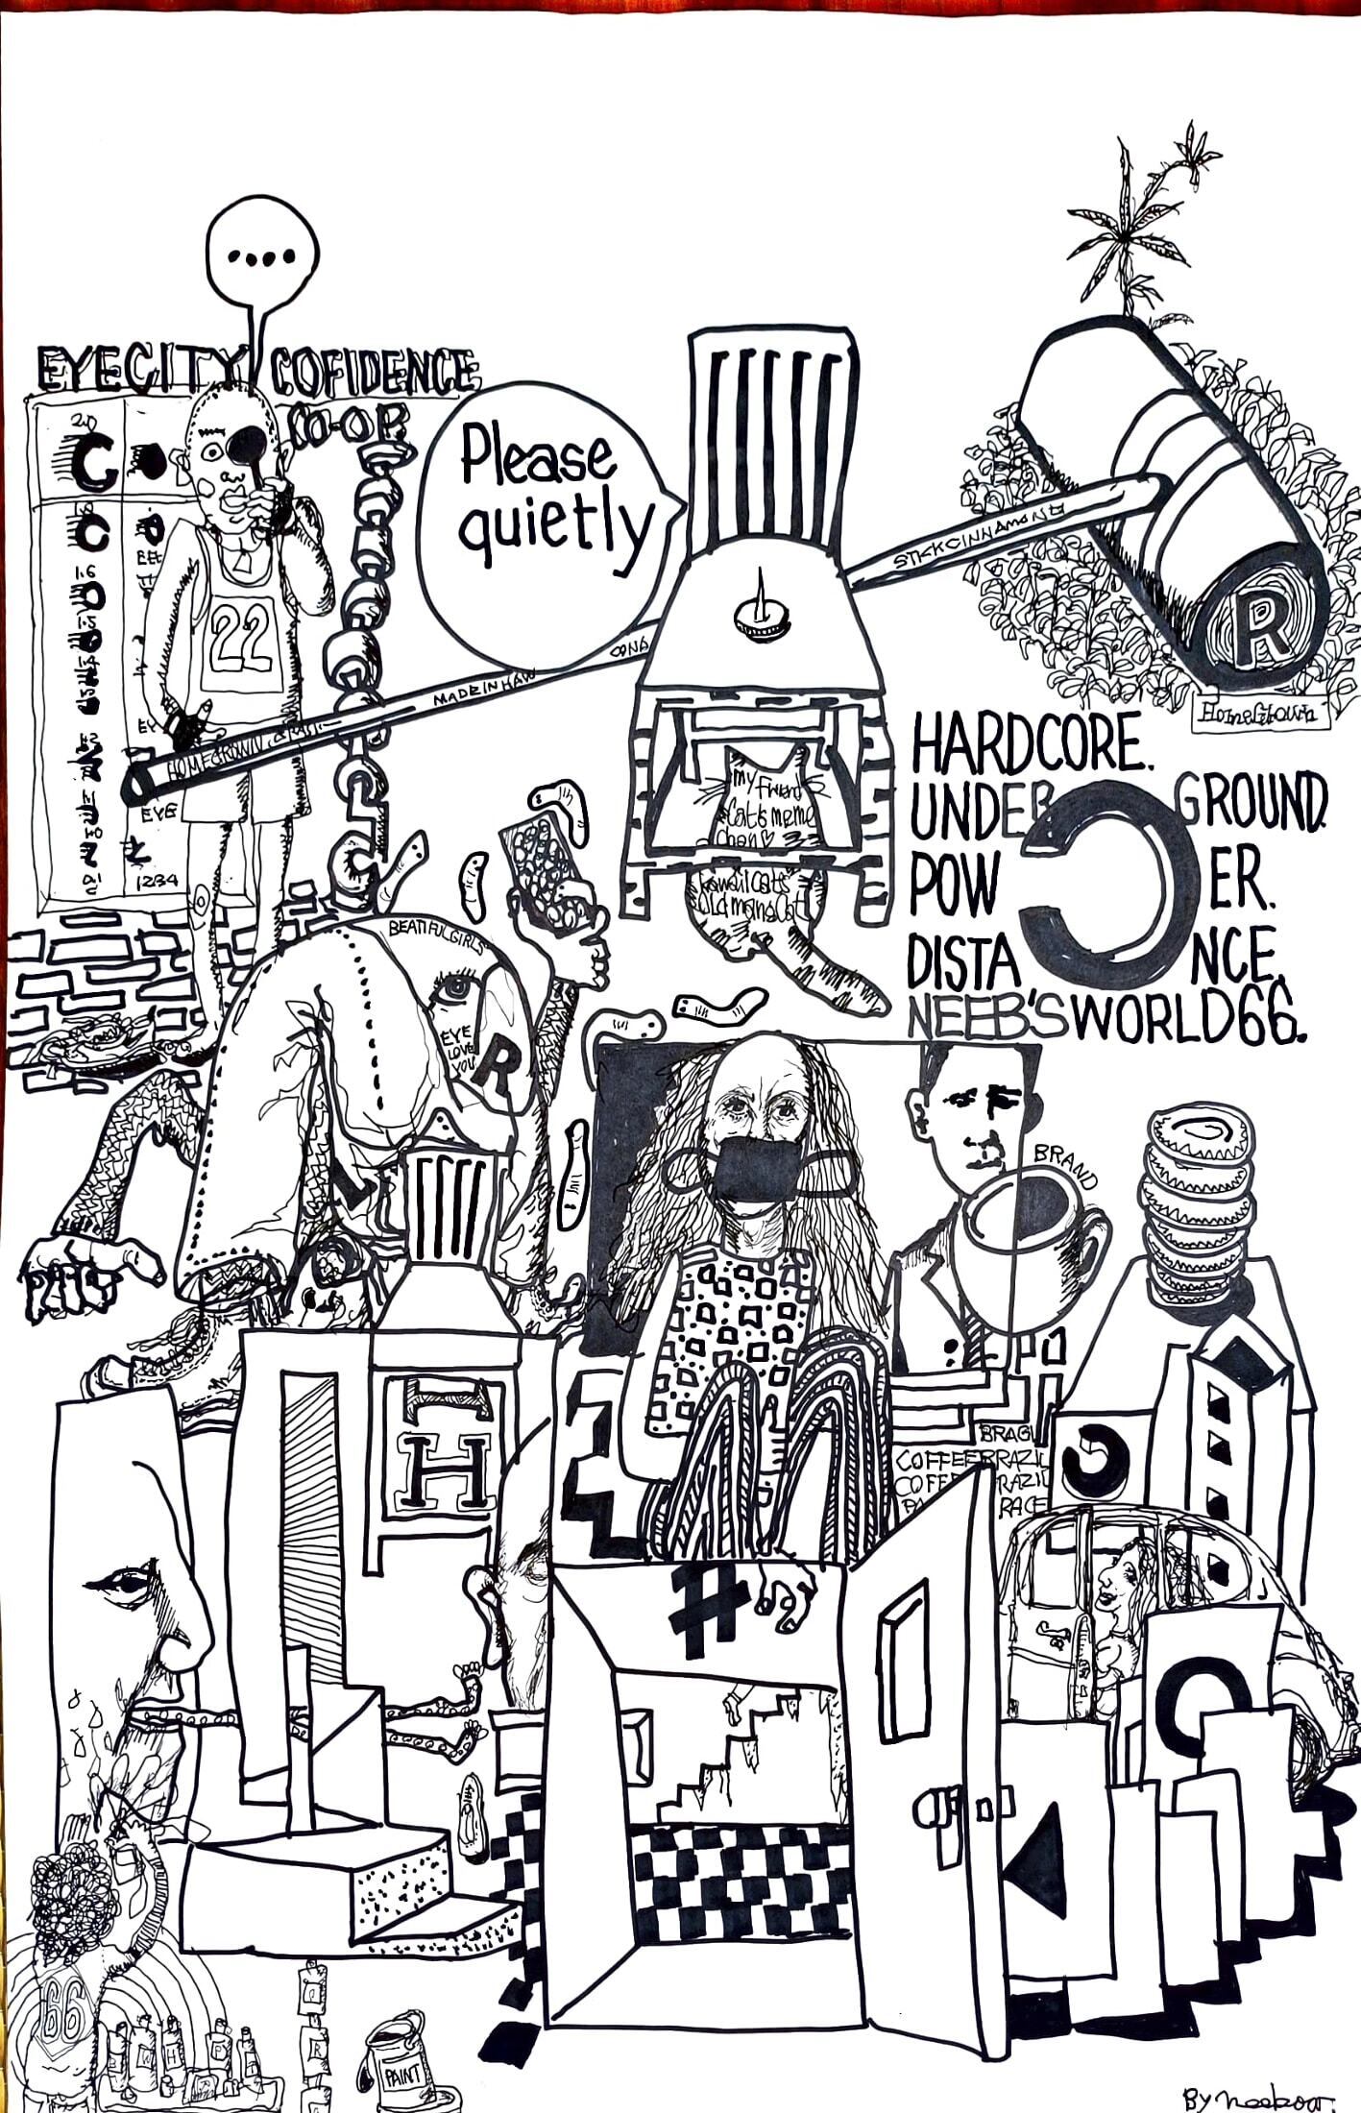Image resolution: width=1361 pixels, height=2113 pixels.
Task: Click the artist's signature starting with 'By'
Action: [x=1259, y=2097]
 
